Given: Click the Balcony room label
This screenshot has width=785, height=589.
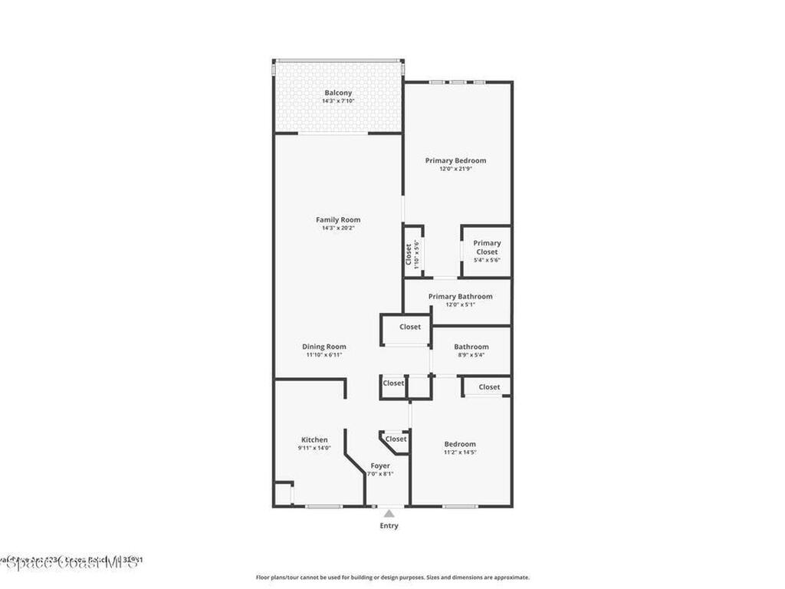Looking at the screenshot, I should click(338, 93).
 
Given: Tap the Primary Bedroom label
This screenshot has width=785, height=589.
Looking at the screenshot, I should click(456, 160).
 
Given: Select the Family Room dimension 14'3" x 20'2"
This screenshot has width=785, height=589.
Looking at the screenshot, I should click(338, 228).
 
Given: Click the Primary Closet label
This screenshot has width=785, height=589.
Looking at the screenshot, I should click(487, 247).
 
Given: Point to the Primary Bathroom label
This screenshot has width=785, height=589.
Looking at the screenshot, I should click(460, 296).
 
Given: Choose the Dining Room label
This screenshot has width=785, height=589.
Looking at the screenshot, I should click(324, 347).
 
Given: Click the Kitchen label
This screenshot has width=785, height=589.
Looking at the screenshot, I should click(314, 439).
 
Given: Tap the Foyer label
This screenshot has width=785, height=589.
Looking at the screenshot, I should click(380, 466).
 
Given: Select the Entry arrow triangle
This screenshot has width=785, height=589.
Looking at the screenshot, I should click(389, 514).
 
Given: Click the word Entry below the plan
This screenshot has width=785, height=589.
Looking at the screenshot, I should click(389, 526).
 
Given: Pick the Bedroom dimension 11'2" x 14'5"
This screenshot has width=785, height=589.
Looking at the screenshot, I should click(460, 452).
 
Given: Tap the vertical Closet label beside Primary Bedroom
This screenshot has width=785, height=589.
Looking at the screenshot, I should click(409, 255).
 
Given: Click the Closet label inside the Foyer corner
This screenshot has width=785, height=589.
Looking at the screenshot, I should click(396, 439).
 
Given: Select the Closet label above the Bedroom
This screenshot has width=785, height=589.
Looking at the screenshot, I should click(489, 387).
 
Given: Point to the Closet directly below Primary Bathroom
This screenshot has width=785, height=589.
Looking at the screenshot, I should click(410, 327).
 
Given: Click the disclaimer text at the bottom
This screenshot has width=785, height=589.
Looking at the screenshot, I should click(392, 577).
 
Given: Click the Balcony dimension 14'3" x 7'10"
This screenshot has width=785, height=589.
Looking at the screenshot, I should click(338, 101).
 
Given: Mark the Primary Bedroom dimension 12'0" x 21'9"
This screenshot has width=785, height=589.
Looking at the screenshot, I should click(456, 169).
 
